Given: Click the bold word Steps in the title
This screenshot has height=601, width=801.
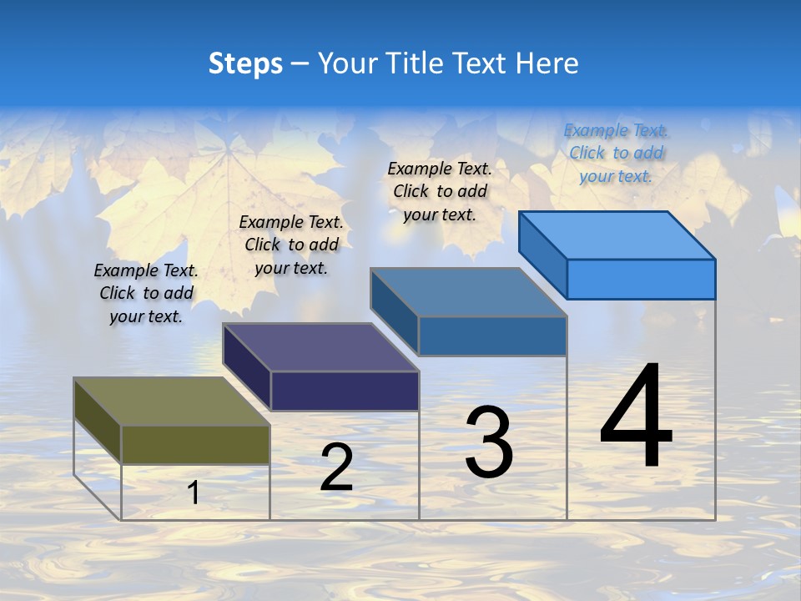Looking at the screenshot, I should [245, 63].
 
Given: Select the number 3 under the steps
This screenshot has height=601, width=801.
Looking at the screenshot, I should [488, 442].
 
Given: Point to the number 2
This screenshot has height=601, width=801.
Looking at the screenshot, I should [336, 467].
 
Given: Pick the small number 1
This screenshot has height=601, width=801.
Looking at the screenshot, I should [194, 492].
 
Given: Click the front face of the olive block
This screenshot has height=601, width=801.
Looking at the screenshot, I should [195, 444].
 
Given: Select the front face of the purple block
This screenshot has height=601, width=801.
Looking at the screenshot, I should [345, 391].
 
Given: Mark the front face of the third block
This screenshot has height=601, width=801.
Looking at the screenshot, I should [492, 336].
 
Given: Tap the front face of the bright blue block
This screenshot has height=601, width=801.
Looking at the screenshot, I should [641, 279].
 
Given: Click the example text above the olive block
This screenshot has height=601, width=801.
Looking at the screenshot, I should [146, 293].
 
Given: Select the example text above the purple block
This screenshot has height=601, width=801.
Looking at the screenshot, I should [291, 245].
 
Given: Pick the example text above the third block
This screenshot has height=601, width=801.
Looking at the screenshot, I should [440, 191].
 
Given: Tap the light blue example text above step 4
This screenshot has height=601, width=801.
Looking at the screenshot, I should [616, 153].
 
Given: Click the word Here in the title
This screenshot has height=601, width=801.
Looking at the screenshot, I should [547, 63].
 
